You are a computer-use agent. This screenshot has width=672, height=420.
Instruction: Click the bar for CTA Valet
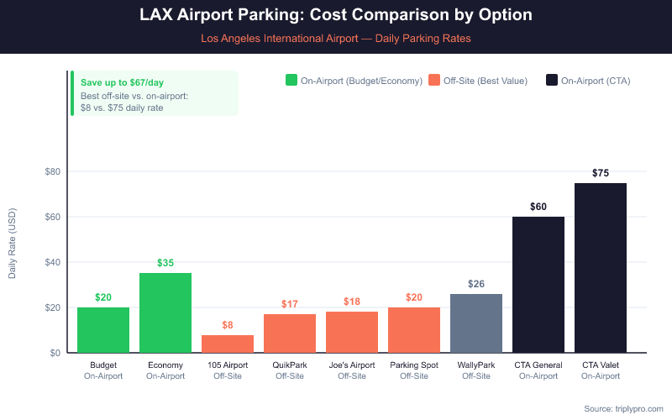pyautogui.click(x=601, y=268)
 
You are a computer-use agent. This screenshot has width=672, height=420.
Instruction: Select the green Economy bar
pyautogui.click(x=165, y=312)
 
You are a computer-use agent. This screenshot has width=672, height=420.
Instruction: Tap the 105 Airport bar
pyautogui.click(x=228, y=344)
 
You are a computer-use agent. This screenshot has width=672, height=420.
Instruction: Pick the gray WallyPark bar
pyautogui.click(x=476, y=323)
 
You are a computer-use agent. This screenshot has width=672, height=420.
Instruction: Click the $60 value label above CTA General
pyautogui.click(x=538, y=206)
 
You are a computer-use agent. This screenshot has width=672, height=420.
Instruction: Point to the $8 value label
pyautogui.click(x=228, y=324)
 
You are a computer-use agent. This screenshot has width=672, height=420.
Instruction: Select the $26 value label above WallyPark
pyautogui.click(x=476, y=283)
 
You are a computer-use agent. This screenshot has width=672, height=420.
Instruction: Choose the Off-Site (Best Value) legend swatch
pyautogui.click(x=434, y=81)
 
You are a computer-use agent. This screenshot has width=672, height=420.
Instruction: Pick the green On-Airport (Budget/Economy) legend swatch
pyautogui.click(x=291, y=81)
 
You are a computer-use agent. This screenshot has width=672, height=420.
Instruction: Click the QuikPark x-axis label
pyautogui.click(x=290, y=365)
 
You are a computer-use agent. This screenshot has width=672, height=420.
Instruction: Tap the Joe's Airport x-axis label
pyautogui.click(x=352, y=365)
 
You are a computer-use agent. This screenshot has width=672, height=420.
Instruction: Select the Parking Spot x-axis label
pyautogui.click(x=414, y=365)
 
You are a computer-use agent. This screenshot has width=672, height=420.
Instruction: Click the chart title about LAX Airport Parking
pyautogui.click(x=336, y=16)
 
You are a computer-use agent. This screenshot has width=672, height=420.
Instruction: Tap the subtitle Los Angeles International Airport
pyautogui.click(x=336, y=38)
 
